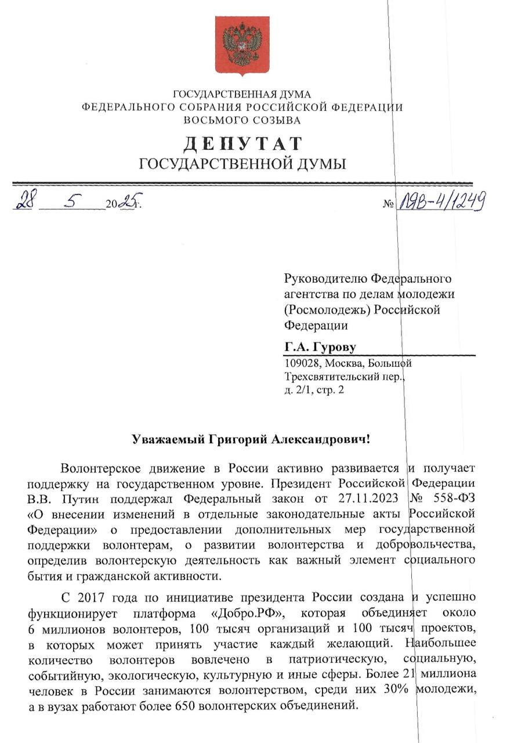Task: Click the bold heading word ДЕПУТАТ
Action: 243,143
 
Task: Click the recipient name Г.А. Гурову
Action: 320,347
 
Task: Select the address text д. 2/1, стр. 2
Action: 313,390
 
